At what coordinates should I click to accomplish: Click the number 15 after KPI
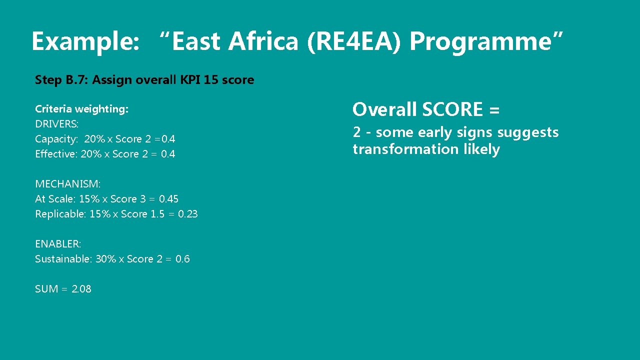(210, 79)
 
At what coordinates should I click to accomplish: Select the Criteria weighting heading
(81, 109)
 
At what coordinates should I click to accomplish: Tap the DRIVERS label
(56, 124)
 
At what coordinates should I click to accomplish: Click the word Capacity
(56, 139)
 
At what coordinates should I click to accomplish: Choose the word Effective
(56, 154)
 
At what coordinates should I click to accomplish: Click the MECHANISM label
(67, 184)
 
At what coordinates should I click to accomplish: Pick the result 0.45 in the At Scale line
(168, 199)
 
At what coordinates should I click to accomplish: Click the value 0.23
(188, 214)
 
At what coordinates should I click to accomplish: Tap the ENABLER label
(57, 244)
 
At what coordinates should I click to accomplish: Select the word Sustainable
(63, 259)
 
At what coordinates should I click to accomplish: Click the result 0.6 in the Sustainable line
(182, 259)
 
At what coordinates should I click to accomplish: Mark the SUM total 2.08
(81, 289)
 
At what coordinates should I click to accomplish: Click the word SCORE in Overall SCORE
(453, 109)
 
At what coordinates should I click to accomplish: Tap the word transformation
(405, 149)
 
